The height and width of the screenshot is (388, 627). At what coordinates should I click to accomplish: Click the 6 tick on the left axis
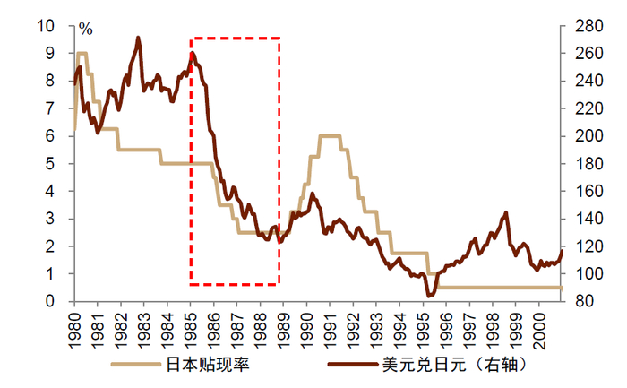click(x=56, y=135)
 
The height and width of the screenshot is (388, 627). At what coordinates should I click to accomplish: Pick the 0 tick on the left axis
click(x=56, y=301)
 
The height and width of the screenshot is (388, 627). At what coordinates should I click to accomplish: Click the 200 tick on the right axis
click(x=583, y=135)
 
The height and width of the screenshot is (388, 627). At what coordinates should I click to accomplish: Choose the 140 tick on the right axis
click(x=583, y=219)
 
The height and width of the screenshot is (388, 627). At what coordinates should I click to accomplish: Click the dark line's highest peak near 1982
click(x=138, y=38)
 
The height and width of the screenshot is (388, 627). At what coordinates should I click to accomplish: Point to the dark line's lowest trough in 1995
click(x=429, y=295)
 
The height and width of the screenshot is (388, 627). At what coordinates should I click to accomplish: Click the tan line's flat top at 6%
click(x=330, y=135)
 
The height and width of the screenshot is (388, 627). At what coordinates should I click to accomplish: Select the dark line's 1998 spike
click(x=506, y=213)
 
